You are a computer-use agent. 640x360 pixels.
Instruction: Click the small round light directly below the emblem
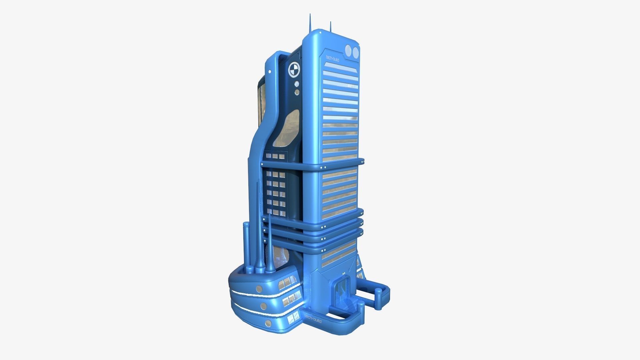(296, 83)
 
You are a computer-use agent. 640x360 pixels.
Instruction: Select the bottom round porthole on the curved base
(268, 323)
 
